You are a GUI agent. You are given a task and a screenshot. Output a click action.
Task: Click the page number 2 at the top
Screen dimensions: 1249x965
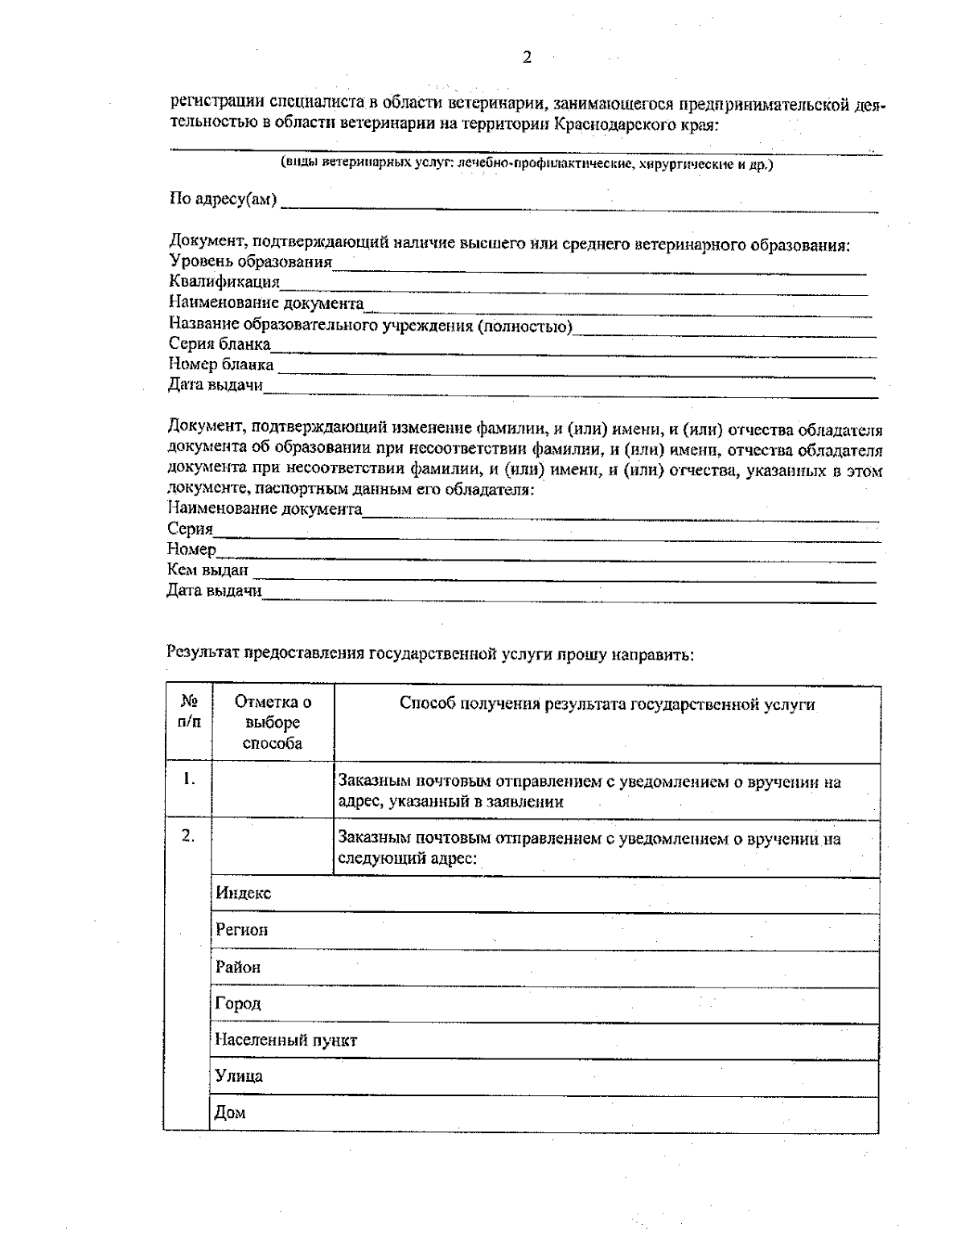point(528,57)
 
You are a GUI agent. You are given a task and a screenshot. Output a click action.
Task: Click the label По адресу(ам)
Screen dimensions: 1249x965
point(223,199)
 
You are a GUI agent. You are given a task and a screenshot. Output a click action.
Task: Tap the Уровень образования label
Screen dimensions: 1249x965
point(251,261)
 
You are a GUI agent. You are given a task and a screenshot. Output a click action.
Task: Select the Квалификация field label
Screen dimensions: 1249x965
point(224,282)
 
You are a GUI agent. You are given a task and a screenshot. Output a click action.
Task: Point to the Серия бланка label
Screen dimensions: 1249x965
point(220,344)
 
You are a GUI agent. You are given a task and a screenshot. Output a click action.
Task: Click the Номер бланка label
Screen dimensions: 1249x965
point(221,365)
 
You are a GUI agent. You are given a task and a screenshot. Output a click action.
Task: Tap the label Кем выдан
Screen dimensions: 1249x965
point(207,570)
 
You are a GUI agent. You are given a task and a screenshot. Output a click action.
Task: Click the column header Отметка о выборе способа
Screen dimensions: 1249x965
point(273,722)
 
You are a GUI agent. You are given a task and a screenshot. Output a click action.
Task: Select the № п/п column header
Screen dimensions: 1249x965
point(189,712)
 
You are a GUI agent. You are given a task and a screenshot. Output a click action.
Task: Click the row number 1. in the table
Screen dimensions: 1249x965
point(189,779)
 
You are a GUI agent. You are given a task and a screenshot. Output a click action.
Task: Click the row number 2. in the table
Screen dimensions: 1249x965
point(188,836)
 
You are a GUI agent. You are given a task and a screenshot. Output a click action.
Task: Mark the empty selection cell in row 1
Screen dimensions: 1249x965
point(273,791)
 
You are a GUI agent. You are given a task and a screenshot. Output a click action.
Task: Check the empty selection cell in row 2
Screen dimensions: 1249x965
point(273,848)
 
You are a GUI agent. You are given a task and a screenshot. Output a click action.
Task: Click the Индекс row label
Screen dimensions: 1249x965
point(244,893)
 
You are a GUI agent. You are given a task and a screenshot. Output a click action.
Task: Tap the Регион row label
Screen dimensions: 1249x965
point(242,930)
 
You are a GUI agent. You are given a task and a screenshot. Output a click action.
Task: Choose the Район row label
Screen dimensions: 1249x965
point(238,967)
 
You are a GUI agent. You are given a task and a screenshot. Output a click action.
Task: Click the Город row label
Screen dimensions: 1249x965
point(238,1004)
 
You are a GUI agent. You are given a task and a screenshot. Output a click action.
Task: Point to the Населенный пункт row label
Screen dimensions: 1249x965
point(286,1040)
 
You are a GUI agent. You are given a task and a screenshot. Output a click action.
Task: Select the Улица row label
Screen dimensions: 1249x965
point(239,1076)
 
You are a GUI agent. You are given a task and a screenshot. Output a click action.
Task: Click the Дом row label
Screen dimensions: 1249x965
point(230,1113)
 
